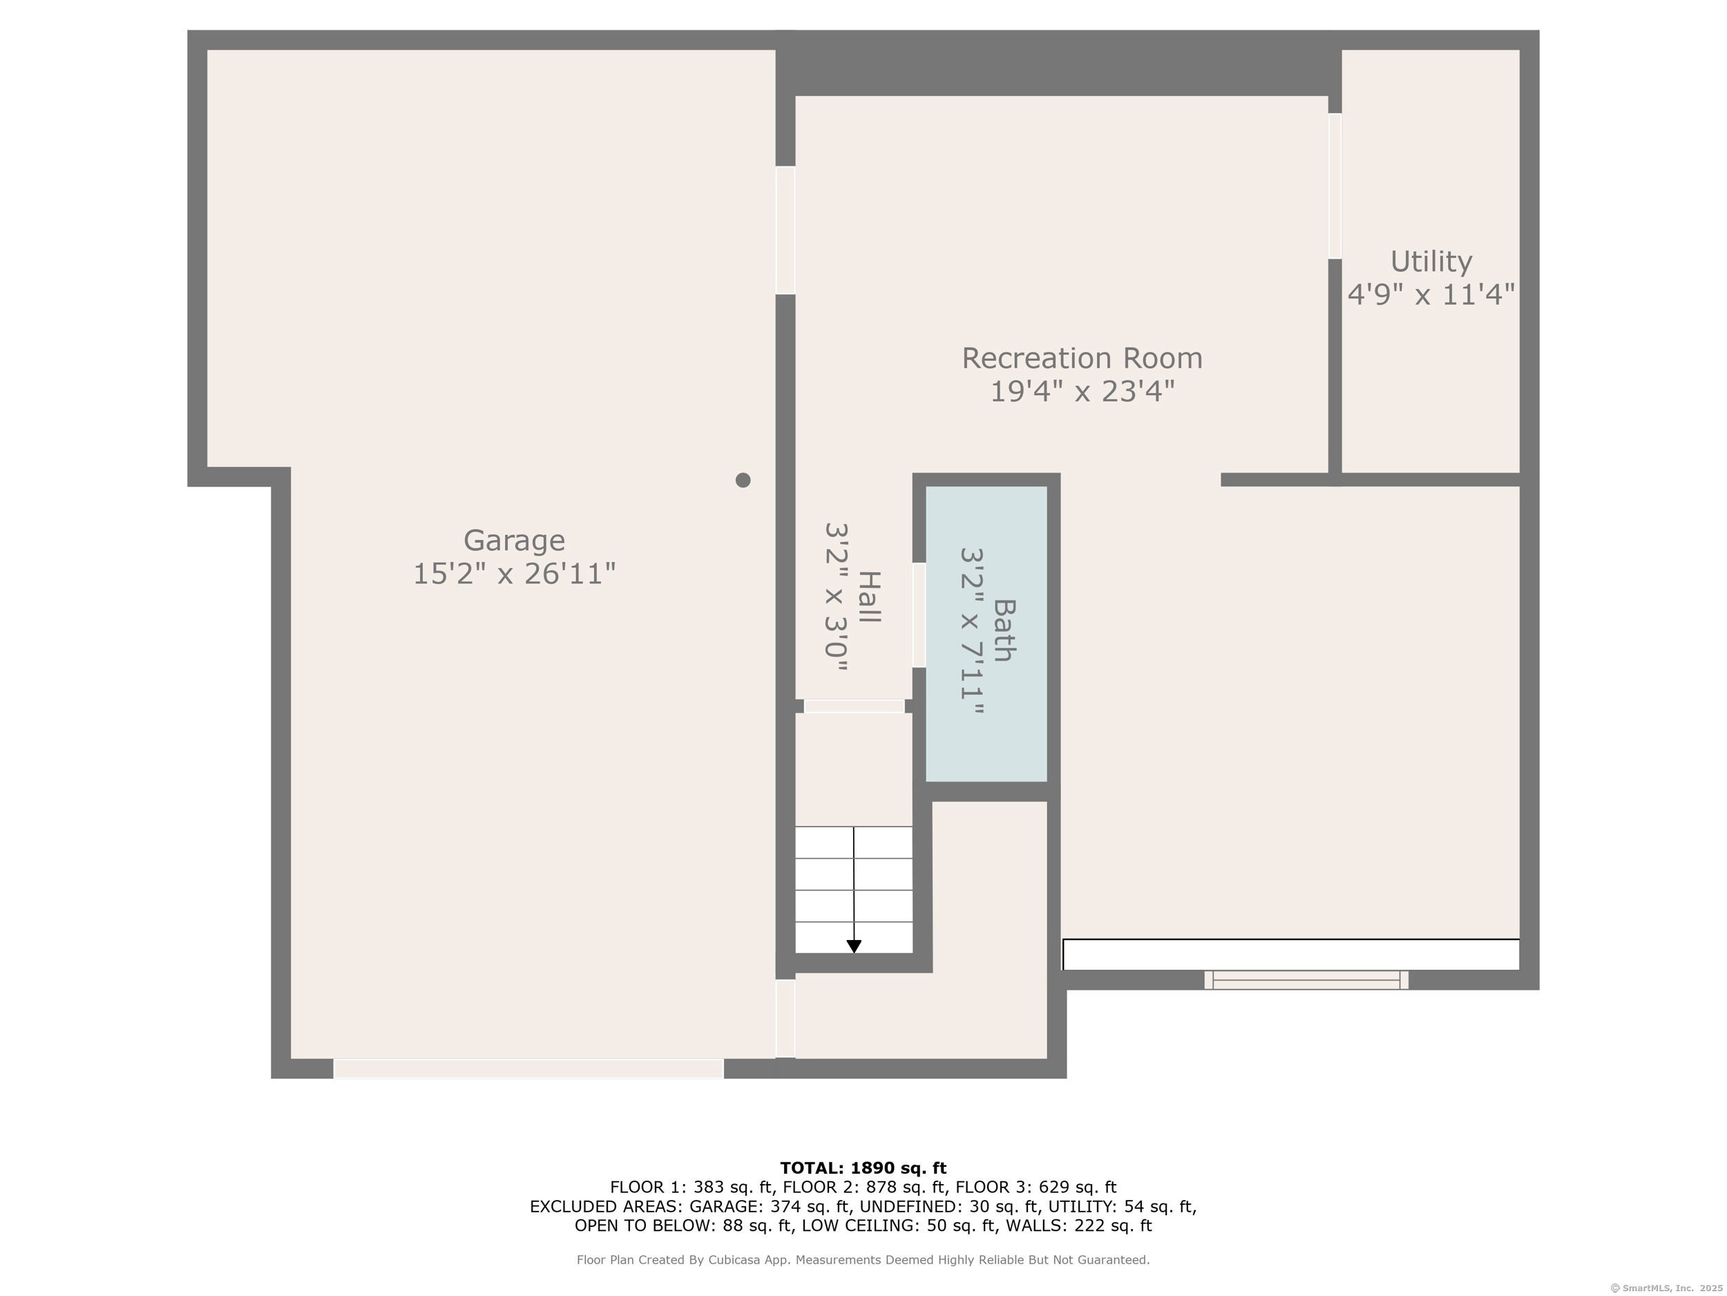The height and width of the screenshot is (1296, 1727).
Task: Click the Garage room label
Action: [x=514, y=541]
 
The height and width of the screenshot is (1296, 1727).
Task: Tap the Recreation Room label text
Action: [x=1081, y=359]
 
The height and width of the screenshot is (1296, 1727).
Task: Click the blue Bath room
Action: [x=986, y=634]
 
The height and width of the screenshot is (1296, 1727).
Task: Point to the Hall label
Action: [x=869, y=597]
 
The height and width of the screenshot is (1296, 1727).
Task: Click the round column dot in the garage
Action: [x=743, y=480]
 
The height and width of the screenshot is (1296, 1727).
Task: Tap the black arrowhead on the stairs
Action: [x=854, y=946]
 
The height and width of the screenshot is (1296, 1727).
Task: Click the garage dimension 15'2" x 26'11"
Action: [x=514, y=574]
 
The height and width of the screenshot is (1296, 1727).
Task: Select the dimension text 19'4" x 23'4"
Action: [x=1082, y=391]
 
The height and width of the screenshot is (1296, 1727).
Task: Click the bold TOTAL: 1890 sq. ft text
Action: [x=863, y=1168]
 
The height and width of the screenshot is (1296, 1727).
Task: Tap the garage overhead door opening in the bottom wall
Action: [x=528, y=1069]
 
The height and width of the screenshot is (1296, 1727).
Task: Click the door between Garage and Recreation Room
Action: [x=785, y=230]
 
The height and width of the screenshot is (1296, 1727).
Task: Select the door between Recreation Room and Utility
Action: [x=1335, y=186]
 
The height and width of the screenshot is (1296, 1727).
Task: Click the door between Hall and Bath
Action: [x=919, y=614]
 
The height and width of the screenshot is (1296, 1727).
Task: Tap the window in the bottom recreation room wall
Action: [x=1306, y=979]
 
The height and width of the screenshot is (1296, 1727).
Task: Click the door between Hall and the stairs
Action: [x=854, y=706]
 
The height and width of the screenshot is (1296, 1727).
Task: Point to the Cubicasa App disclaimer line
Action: [x=863, y=1260]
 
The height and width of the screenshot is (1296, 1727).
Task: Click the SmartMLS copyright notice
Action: [x=1666, y=1288]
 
